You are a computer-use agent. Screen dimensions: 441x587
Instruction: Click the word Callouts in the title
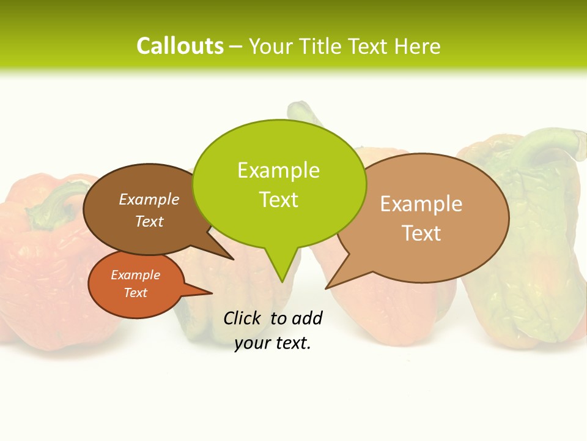click(x=180, y=46)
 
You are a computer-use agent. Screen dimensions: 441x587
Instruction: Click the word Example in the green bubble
click(x=278, y=170)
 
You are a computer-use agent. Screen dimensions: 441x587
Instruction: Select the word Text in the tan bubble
click(x=421, y=233)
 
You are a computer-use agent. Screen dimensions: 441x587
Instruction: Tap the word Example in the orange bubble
click(x=135, y=275)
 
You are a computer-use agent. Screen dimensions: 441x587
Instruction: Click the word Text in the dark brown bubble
click(x=149, y=222)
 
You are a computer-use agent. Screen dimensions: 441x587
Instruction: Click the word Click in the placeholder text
click(x=242, y=318)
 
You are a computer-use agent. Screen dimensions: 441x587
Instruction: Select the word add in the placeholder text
click(x=307, y=318)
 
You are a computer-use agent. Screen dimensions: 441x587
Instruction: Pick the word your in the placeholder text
click(x=253, y=344)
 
